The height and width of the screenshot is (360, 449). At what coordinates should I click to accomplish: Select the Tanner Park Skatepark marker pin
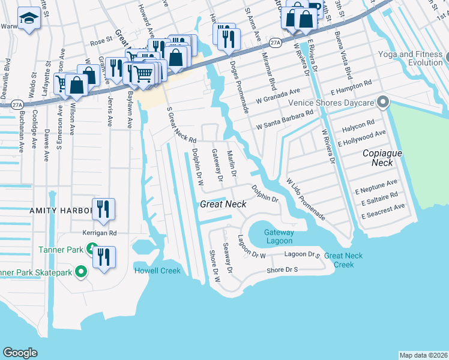[x=82, y=272]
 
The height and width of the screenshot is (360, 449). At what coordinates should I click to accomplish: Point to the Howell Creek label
[x=157, y=271]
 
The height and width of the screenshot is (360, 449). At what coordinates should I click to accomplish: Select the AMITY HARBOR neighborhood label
[x=61, y=211]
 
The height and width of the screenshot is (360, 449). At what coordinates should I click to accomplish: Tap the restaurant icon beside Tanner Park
[x=103, y=257]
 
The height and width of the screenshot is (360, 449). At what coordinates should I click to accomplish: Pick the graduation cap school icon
[x=28, y=20]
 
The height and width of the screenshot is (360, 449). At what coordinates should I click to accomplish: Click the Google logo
[x=20, y=352]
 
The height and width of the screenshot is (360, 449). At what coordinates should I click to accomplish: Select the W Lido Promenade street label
[x=306, y=199]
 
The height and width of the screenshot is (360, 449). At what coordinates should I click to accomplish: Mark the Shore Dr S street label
[x=282, y=269]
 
